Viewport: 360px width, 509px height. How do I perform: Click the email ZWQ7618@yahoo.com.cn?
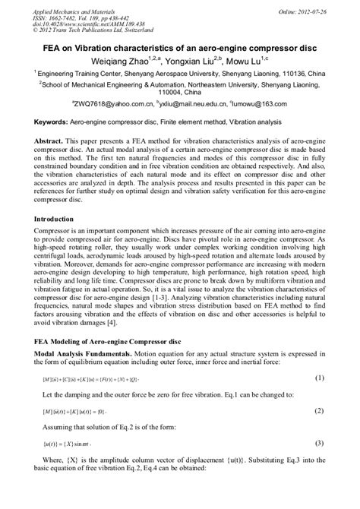(x=115, y=107)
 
